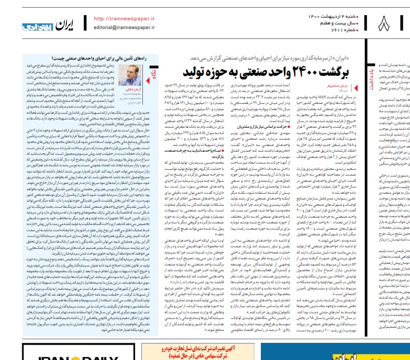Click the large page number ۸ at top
tap(386, 23)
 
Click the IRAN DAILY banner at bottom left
tap(42, 355)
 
